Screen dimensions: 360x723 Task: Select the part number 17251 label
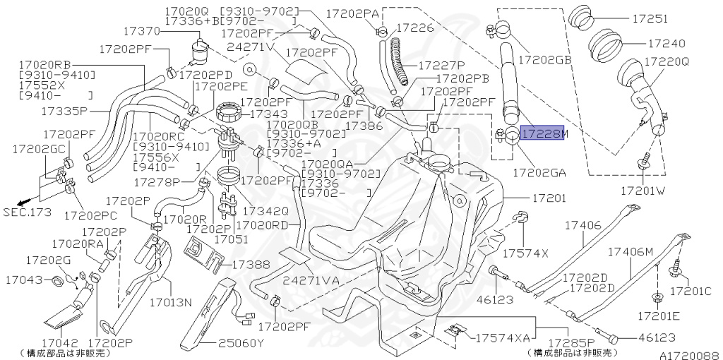[653, 19]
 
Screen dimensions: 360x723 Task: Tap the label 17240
[653, 43]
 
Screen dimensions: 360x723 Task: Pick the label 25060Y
[240, 344]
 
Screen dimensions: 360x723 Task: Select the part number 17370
[143, 32]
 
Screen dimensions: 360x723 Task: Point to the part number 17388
[251, 264]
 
